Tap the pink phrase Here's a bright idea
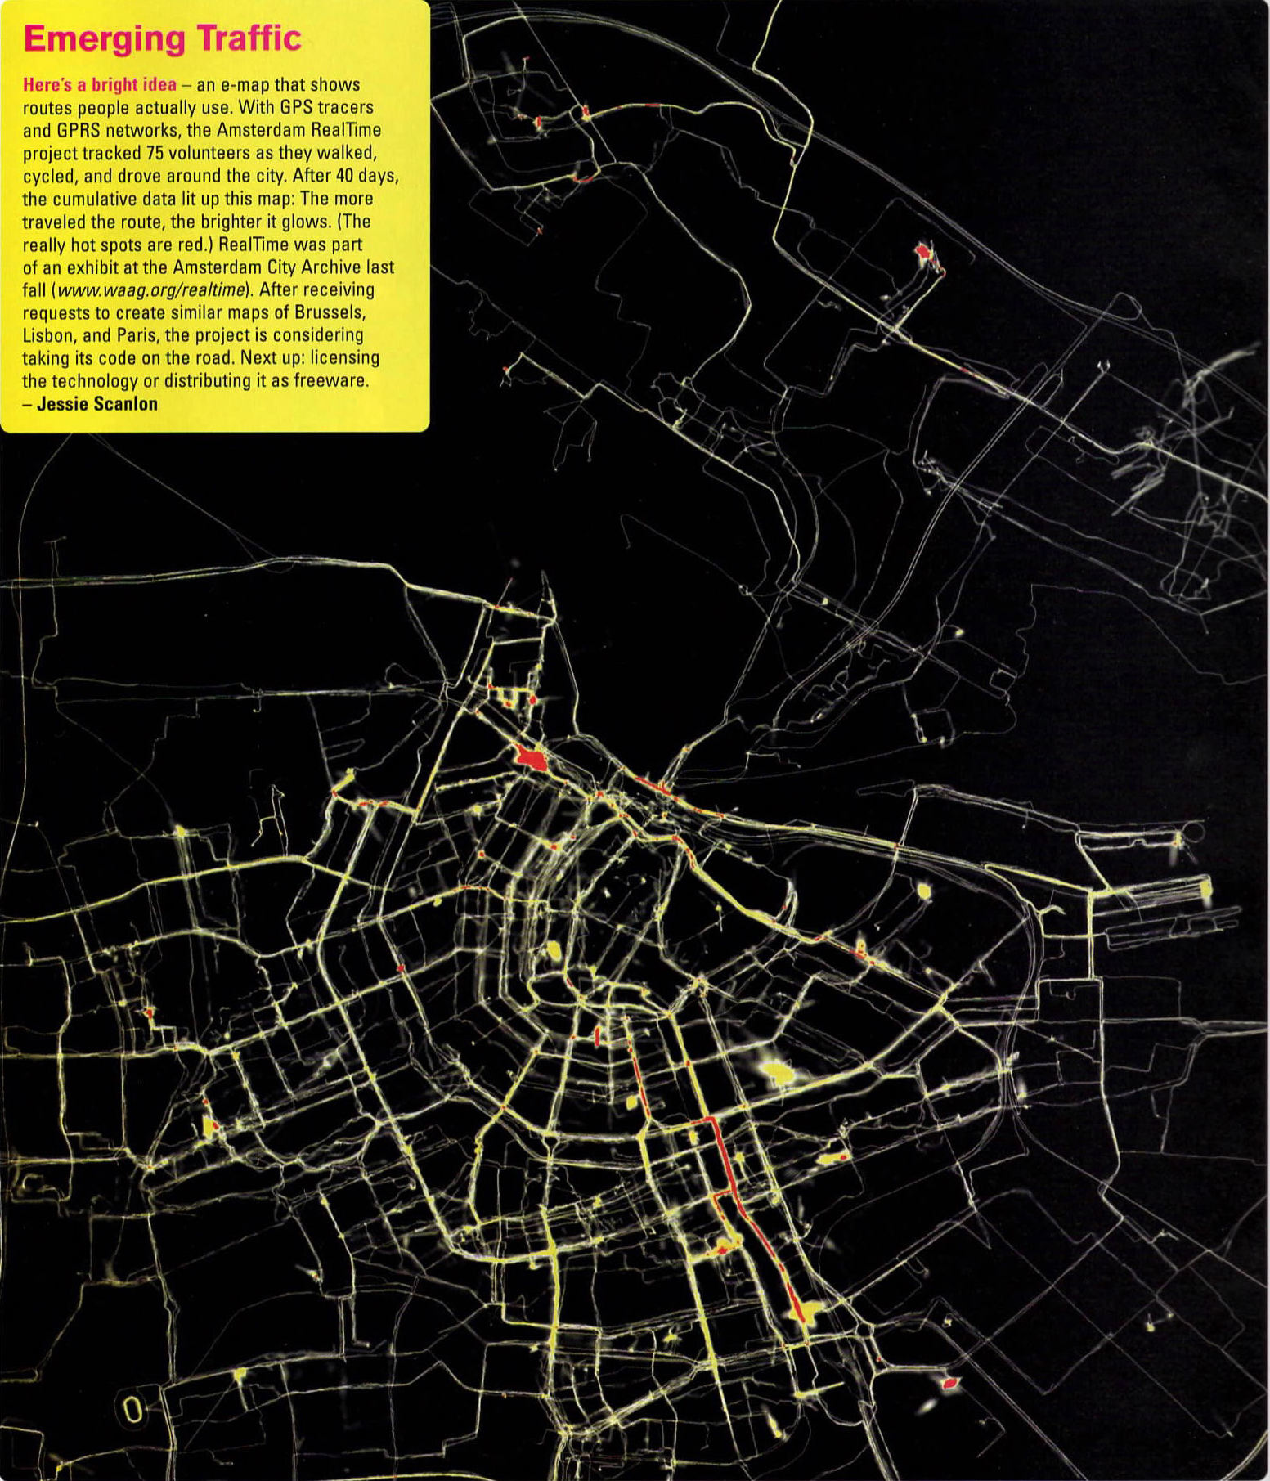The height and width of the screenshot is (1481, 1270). [99, 85]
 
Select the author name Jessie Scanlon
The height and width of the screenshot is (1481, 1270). [97, 403]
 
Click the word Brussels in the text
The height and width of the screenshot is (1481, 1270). [330, 312]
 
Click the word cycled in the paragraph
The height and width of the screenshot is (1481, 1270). [50, 176]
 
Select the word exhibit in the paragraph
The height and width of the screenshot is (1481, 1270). [96, 267]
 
